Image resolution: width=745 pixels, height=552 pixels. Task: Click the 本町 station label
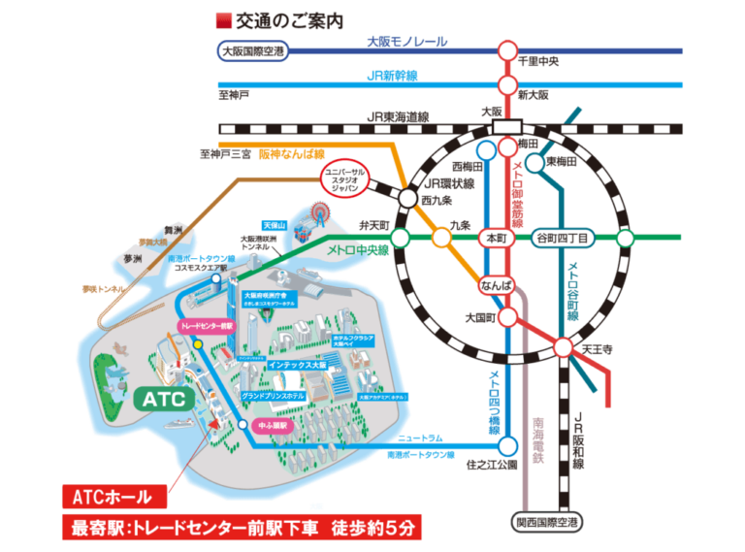click(493, 238)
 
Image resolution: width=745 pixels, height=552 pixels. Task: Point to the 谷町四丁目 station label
click(563, 238)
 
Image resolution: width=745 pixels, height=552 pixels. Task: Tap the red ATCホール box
click(113, 498)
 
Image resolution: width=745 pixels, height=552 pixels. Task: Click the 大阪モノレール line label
click(407, 43)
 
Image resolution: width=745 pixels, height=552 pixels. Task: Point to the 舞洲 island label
click(174, 231)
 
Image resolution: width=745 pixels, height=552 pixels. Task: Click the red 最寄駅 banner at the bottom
click(243, 529)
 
